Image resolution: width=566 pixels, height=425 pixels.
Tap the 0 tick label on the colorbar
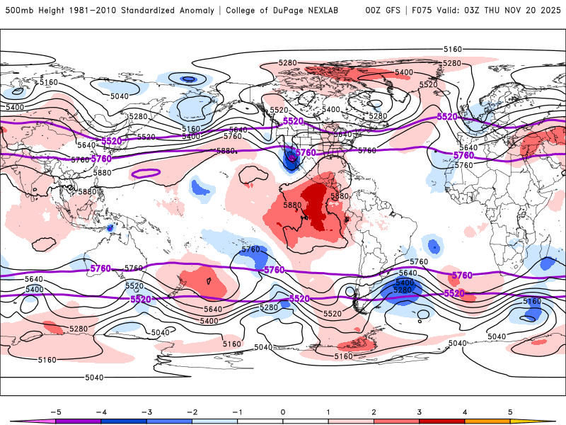tap(283, 411)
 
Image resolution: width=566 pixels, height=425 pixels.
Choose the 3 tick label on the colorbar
tap(420, 411)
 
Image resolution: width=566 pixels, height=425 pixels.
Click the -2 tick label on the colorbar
tap(191, 411)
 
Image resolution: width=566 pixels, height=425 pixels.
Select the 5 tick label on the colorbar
tap(511, 411)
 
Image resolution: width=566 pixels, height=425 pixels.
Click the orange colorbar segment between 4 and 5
tap(488, 421)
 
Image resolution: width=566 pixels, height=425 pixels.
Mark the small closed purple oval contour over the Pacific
tap(146, 172)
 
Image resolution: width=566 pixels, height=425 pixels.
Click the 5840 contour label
tap(342, 135)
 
